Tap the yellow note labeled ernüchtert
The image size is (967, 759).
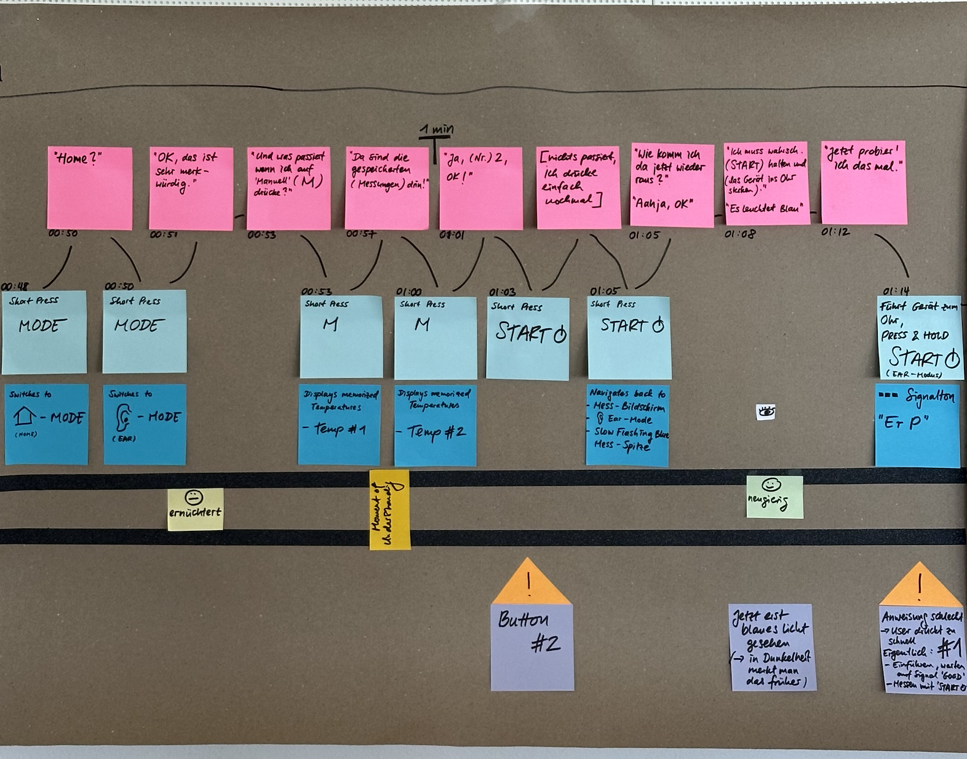click(195, 509)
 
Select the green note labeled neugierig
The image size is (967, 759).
click(774, 496)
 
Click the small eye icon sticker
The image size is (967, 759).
click(766, 412)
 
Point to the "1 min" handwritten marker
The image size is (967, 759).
click(436, 130)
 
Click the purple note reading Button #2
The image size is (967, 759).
click(532, 646)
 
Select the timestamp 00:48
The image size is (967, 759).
click(14, 286)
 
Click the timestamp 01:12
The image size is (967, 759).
click(835, 232)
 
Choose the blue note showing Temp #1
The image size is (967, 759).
click(339, 424)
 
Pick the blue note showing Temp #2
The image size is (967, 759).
click(435, 424)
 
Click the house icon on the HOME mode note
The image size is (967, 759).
click(25, 416)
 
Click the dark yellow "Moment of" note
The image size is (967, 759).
click(389, 509)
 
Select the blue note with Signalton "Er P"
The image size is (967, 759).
click(917, 425)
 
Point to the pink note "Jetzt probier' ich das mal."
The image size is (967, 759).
click(864, 183)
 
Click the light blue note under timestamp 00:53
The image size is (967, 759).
click(341, 336)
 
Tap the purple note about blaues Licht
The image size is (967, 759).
click(773, 647)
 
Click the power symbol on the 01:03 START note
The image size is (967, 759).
click(560, 335)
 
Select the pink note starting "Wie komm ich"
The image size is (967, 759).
click(672, 185)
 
